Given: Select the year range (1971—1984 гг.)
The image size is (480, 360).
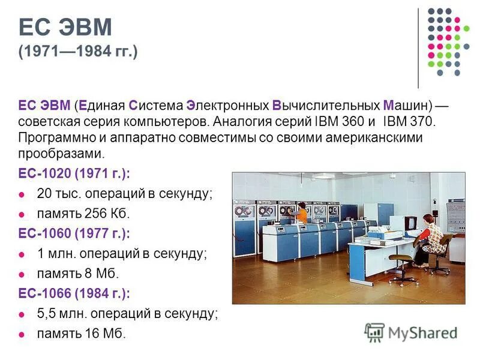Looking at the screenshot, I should [78, 52].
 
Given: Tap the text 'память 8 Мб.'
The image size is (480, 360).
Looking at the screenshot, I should [78, 273].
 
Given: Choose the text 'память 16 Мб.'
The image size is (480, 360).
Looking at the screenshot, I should [82, 333].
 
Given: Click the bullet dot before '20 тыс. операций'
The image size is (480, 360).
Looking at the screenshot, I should [23, 194].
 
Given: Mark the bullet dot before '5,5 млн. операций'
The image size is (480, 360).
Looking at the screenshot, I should [23, 313].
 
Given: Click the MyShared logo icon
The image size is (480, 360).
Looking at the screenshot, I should [374, 331].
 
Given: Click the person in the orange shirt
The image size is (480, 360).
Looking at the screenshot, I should [302, 212].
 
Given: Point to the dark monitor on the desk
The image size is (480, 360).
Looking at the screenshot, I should [411, 222].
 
